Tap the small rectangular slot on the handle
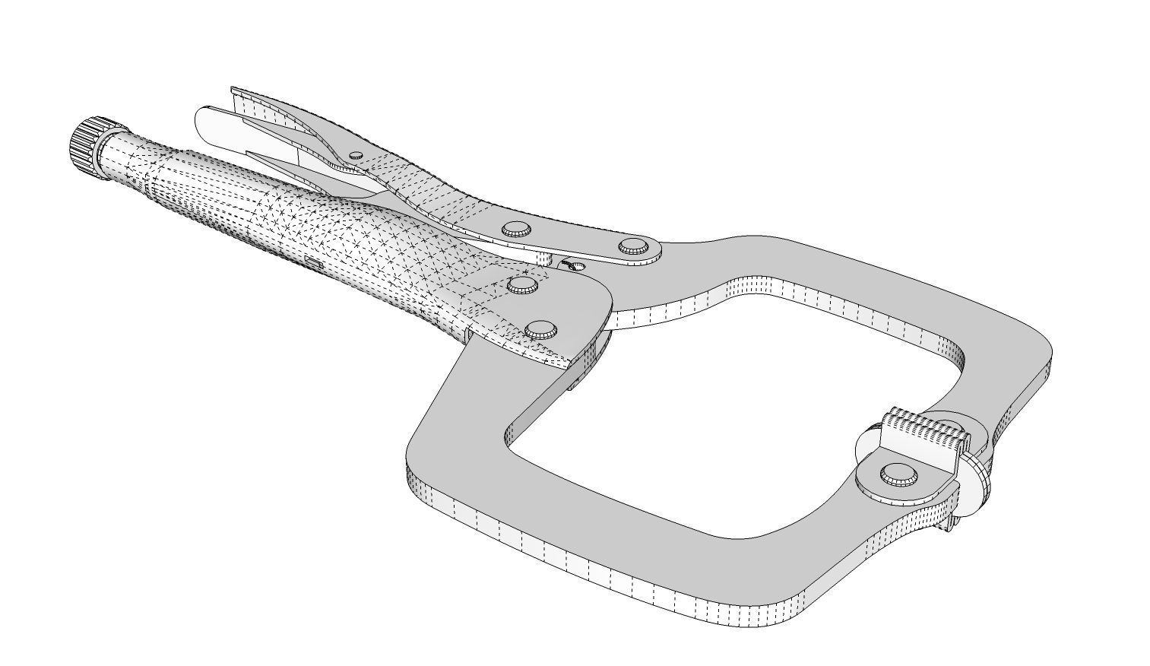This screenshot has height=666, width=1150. pos(312,262)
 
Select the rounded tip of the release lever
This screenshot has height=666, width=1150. pos(205,122)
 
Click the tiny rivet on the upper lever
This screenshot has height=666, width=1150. pos(356,155)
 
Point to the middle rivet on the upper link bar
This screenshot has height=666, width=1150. pos(516,228)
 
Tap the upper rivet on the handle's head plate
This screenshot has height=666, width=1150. pos(523,285)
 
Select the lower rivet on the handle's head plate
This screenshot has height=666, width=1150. pos(540,329)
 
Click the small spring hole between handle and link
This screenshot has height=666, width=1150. pos(575,265)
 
